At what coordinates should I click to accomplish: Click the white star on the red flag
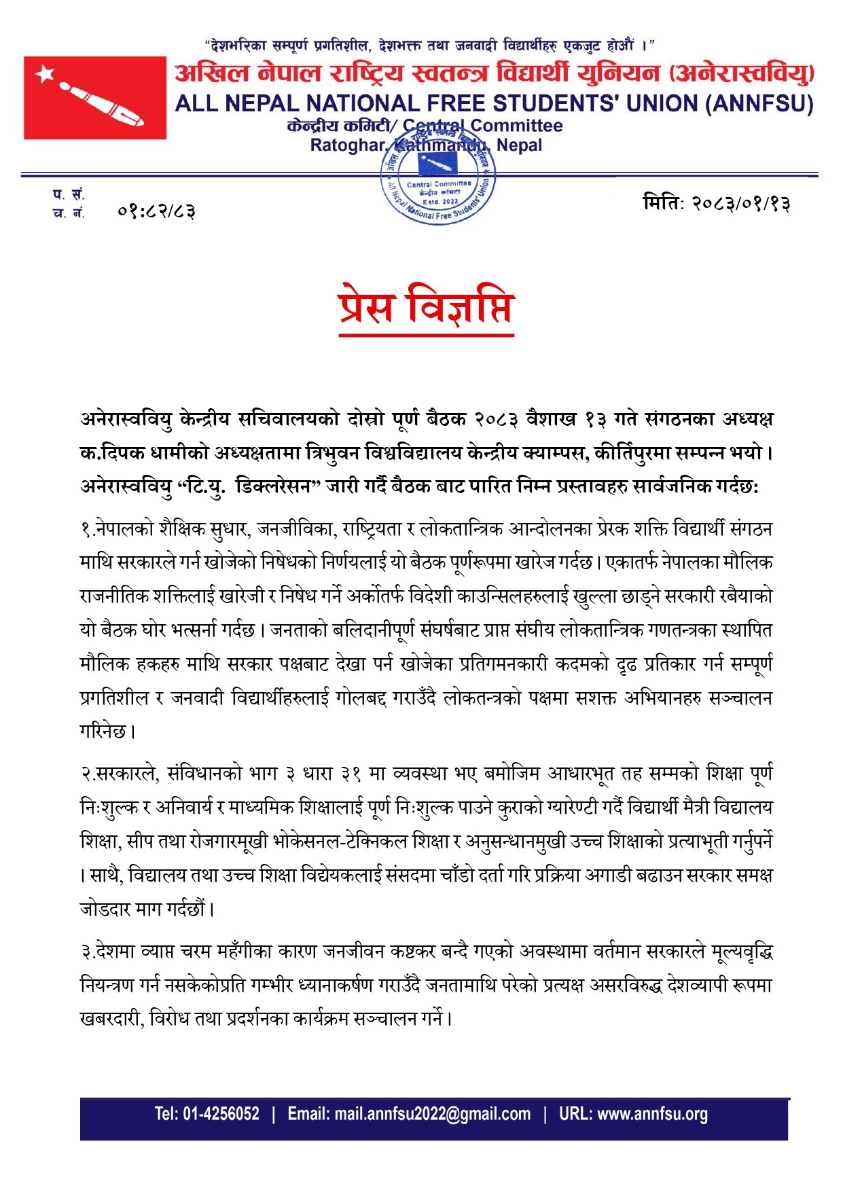click(x=46, y=73)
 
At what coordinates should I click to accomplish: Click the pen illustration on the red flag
click(x=102, y=104)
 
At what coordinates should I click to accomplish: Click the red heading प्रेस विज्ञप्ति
click(x=426, y=307)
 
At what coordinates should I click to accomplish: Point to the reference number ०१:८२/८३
click(x=156, y=212)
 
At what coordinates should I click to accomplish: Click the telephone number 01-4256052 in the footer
click(x=221, y=1114)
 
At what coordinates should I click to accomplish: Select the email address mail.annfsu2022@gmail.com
click(x=432, y=1114)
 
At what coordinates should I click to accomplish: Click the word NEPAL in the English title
click(x=260, y=104)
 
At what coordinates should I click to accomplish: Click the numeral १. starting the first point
click(x=87, y=529)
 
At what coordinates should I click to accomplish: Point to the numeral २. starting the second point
click(x=87, y=774)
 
